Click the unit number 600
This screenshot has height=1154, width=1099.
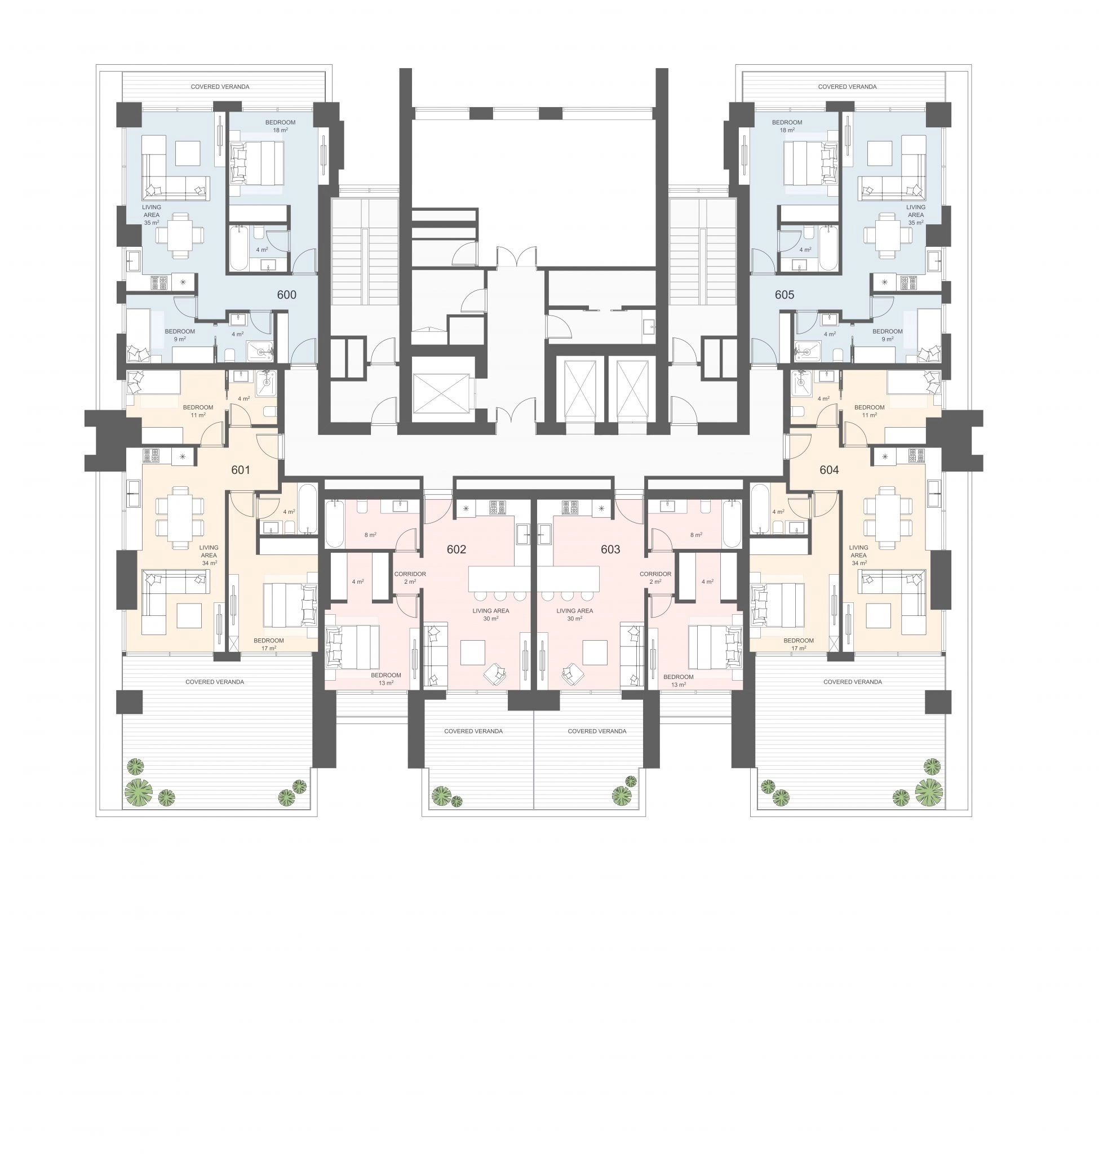point(286,295)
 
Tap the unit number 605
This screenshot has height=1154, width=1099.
point(785,295)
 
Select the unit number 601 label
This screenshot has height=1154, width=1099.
point(241,470)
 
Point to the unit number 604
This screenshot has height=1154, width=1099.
point(829,470)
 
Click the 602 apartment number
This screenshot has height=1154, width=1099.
point(457,549)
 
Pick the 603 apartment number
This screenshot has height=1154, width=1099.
point(610,549)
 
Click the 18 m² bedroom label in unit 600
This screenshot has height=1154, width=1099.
point(280,126)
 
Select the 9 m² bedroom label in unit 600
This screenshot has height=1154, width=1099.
point(180,335)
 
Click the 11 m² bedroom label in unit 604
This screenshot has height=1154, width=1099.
point(870,411)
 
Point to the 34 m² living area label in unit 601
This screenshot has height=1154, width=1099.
point(209,556)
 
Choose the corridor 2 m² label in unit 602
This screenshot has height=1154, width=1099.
point(410,578)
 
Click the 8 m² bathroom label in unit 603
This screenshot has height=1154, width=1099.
point(696,535)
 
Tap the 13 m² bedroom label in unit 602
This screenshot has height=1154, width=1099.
point(386,679)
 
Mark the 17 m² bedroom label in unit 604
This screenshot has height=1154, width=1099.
point(799,645)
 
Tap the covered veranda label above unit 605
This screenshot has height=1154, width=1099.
point(847,87)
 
